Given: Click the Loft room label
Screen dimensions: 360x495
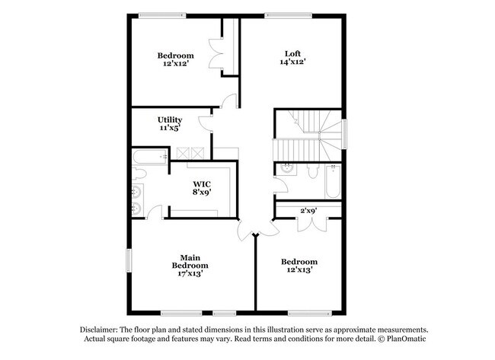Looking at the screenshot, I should pos(292,53).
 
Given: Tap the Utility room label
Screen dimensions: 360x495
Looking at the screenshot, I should pos(170,119).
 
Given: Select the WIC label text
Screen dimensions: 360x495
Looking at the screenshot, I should pos(202,183).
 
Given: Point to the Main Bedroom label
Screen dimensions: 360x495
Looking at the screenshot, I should pos(190,260).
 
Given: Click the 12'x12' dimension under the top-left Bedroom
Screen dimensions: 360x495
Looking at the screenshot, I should pos(175,64).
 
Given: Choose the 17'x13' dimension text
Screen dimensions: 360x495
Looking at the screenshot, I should pos(190,273).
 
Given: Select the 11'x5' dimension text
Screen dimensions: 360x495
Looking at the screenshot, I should pos(170,129).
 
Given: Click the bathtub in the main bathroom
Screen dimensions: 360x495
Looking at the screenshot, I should pos(149,157).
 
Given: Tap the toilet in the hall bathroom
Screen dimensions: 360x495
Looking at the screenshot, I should pos(312,170).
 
